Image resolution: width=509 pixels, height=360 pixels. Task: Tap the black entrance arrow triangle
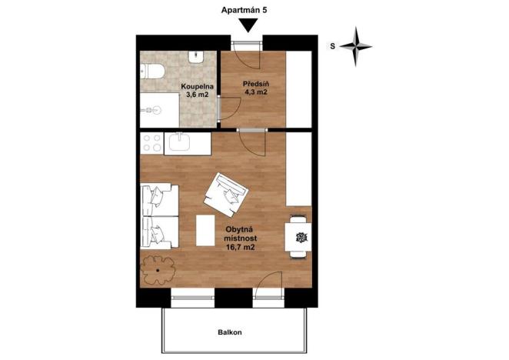[x=248, y=25]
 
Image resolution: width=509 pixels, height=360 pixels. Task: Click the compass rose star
[x=356, y=45]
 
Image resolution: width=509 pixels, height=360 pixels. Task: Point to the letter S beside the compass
[x=332, y=46]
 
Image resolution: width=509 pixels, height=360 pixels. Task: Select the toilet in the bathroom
[x=151, y=73]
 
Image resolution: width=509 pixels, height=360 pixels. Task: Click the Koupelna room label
[x=197, y=87]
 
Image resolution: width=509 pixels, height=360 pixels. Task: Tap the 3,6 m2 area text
[x=196, y=95]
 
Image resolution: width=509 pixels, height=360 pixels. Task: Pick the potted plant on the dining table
[x=300, y=236]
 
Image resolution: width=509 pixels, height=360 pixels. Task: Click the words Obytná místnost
[x=241, y=235]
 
